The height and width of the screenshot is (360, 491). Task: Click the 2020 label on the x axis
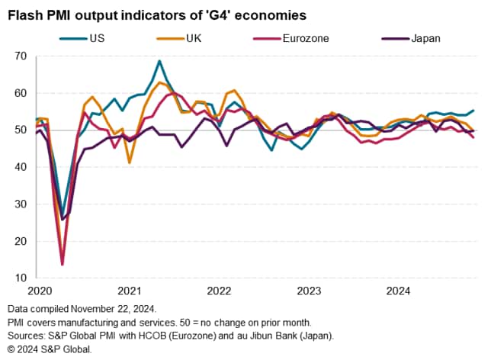pyautogui.click(x=40, y=291)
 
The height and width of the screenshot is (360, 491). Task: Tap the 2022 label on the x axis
pyautogui.click(x=219, y=291)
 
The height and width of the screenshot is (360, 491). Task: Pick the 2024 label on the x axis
pyautogui.click(x=399, y=291)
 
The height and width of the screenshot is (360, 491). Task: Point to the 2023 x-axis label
pyautogui.click(x=309, y=291)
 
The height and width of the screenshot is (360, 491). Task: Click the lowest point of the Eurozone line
pyautogui.click(x=62, y=265)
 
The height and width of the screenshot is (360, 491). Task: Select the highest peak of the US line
pyautogui.click(x=159, y=61)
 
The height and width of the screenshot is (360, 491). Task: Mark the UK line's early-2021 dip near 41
pyautogui.click(x=130, y=162)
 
